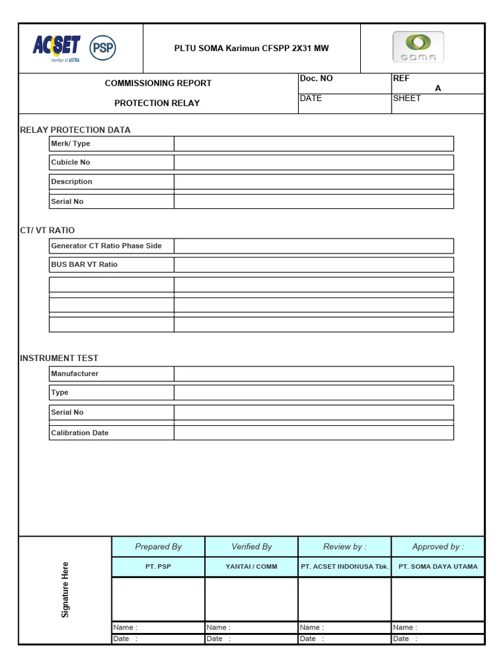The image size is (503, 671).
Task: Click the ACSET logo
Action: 56,48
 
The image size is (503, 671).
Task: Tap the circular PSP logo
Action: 102,48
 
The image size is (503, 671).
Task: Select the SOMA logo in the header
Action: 418,47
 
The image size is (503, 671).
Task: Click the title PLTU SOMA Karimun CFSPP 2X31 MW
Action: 251,48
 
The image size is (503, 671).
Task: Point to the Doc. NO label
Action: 316,79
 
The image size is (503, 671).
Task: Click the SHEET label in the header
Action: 407,98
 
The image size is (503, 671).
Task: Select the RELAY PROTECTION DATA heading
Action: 75,130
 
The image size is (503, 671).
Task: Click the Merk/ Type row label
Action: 71,144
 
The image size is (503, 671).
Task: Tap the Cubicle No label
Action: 71,162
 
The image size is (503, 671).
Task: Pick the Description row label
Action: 71,182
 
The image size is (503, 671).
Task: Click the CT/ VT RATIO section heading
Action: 47,231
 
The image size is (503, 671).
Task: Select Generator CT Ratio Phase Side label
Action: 106,246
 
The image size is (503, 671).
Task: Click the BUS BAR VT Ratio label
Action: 84,265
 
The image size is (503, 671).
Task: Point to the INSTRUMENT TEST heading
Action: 59,358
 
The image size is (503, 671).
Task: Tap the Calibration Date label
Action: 80,433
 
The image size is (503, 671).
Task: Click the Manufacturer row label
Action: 75,374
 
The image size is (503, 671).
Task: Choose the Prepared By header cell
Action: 158,546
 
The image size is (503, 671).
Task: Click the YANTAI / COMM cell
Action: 251,567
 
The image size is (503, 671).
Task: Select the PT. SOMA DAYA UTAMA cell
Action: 438,567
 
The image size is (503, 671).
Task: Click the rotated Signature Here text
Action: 65,590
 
